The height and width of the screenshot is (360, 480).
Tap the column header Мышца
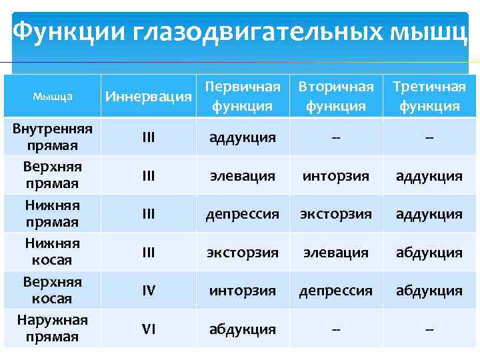[x=52, y=97]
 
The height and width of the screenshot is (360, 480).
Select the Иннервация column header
[x=149, y=97]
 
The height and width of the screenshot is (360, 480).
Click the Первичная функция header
[x=243, y=97]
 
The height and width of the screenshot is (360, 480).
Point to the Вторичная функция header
[x=336, y=97]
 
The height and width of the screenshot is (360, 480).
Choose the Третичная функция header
[x=429, y=97]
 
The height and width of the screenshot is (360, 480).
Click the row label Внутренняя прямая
[x=52, y=137]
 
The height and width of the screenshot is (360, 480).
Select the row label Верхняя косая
[x=52, y=290]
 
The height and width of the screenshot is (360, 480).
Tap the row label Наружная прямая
[x=52, y=328]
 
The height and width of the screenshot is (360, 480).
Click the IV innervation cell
[x=149, y=291]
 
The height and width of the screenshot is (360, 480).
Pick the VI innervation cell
[x=149, y=329]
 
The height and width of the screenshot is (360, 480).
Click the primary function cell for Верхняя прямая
[x=243, y=176]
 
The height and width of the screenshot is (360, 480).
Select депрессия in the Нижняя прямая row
[x=243, y=214]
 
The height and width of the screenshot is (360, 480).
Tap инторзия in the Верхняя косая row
[x=243, y=291]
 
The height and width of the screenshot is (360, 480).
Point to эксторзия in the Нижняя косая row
[x=243, y=253]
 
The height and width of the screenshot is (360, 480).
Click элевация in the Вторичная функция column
[x=336, y=253]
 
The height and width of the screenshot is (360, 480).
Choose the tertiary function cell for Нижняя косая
[x=429, y=253]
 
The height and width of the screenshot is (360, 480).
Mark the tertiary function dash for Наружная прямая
[x=429, y=329]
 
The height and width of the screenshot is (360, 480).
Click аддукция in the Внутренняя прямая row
[x=243, y=137]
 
